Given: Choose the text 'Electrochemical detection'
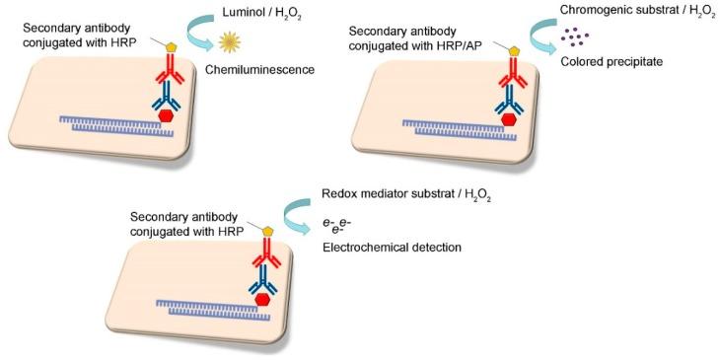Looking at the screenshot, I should point(392,247).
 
